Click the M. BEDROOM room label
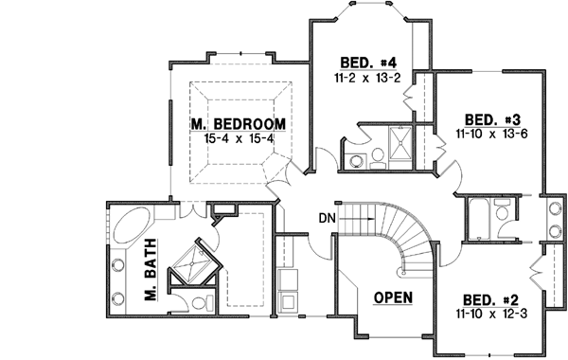click(x=237, y=123)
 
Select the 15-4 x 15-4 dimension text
click(x=237, y=138)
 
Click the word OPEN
click(x=393, y=297)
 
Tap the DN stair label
click(x=327, y=219)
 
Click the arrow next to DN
click(x=352, y=219)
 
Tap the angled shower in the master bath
click(x=196, y=261)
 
